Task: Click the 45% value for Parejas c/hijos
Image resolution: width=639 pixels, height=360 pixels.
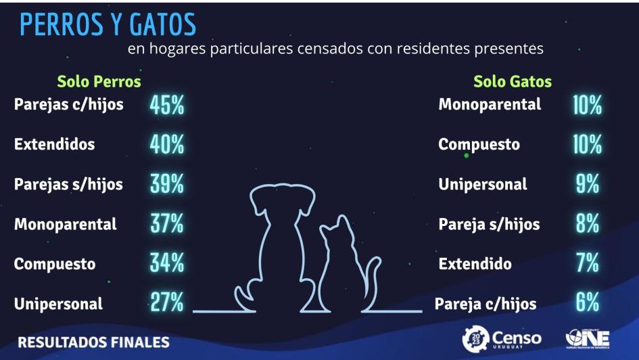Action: pos(167,106)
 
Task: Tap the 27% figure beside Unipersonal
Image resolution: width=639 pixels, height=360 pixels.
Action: pos(167,303)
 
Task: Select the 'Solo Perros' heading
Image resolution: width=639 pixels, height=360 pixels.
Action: pos(99,82)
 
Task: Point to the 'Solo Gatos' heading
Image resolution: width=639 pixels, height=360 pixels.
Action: pos(512,82)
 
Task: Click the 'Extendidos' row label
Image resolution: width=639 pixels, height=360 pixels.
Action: pos(54,145)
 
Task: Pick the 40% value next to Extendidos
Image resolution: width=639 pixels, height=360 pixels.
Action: pos(167,145)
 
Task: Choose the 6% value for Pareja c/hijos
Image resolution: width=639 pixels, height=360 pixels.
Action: pos(588,303)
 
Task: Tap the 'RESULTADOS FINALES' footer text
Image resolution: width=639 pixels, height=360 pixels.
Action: pos(93,341)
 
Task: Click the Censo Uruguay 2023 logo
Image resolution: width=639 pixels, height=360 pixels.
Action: pos(502,339)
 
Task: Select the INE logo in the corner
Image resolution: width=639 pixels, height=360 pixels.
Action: pos(587,339)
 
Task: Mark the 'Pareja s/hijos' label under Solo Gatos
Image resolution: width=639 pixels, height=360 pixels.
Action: pos(489,225)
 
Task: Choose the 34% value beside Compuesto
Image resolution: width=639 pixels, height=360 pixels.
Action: pos(167,264)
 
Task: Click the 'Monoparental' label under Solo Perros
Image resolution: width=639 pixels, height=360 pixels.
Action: pos(65,225)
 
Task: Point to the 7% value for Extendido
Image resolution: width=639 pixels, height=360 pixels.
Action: pos(588,264)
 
